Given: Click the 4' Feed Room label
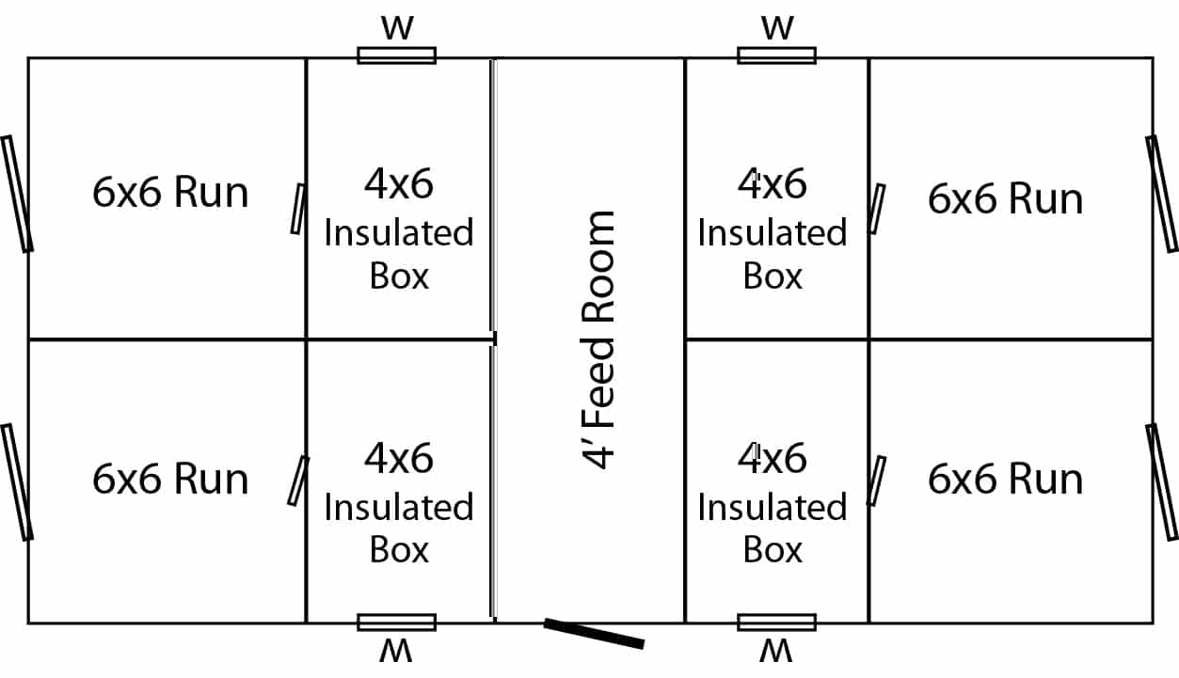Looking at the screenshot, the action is point(597,339).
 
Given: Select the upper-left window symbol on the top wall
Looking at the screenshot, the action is point(397,55).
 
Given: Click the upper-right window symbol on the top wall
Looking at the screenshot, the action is point(777,55).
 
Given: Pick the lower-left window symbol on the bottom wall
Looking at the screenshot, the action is point(397,623).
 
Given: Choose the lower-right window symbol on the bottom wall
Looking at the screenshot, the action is point(777,623).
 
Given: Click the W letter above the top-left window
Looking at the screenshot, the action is point(397,28).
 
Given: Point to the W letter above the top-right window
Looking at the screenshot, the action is point(777,28).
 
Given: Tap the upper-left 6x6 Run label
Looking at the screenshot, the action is point(170,193).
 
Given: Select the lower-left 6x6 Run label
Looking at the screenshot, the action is point(170,479).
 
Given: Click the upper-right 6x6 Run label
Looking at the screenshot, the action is point(1005,198).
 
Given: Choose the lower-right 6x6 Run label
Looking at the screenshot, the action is point(1005,479).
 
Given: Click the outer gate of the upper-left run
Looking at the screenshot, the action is point(17,194).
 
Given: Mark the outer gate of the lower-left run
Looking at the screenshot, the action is point(17,481).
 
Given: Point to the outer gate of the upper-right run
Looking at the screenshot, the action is point(1162,194).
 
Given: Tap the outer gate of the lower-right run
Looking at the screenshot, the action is point(1162,481).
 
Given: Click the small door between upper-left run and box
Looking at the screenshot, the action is point(298,209).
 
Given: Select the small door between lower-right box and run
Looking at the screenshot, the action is point(876,481).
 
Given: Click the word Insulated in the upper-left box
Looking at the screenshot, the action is point(399,232).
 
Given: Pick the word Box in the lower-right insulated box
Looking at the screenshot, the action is point(773,550).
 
